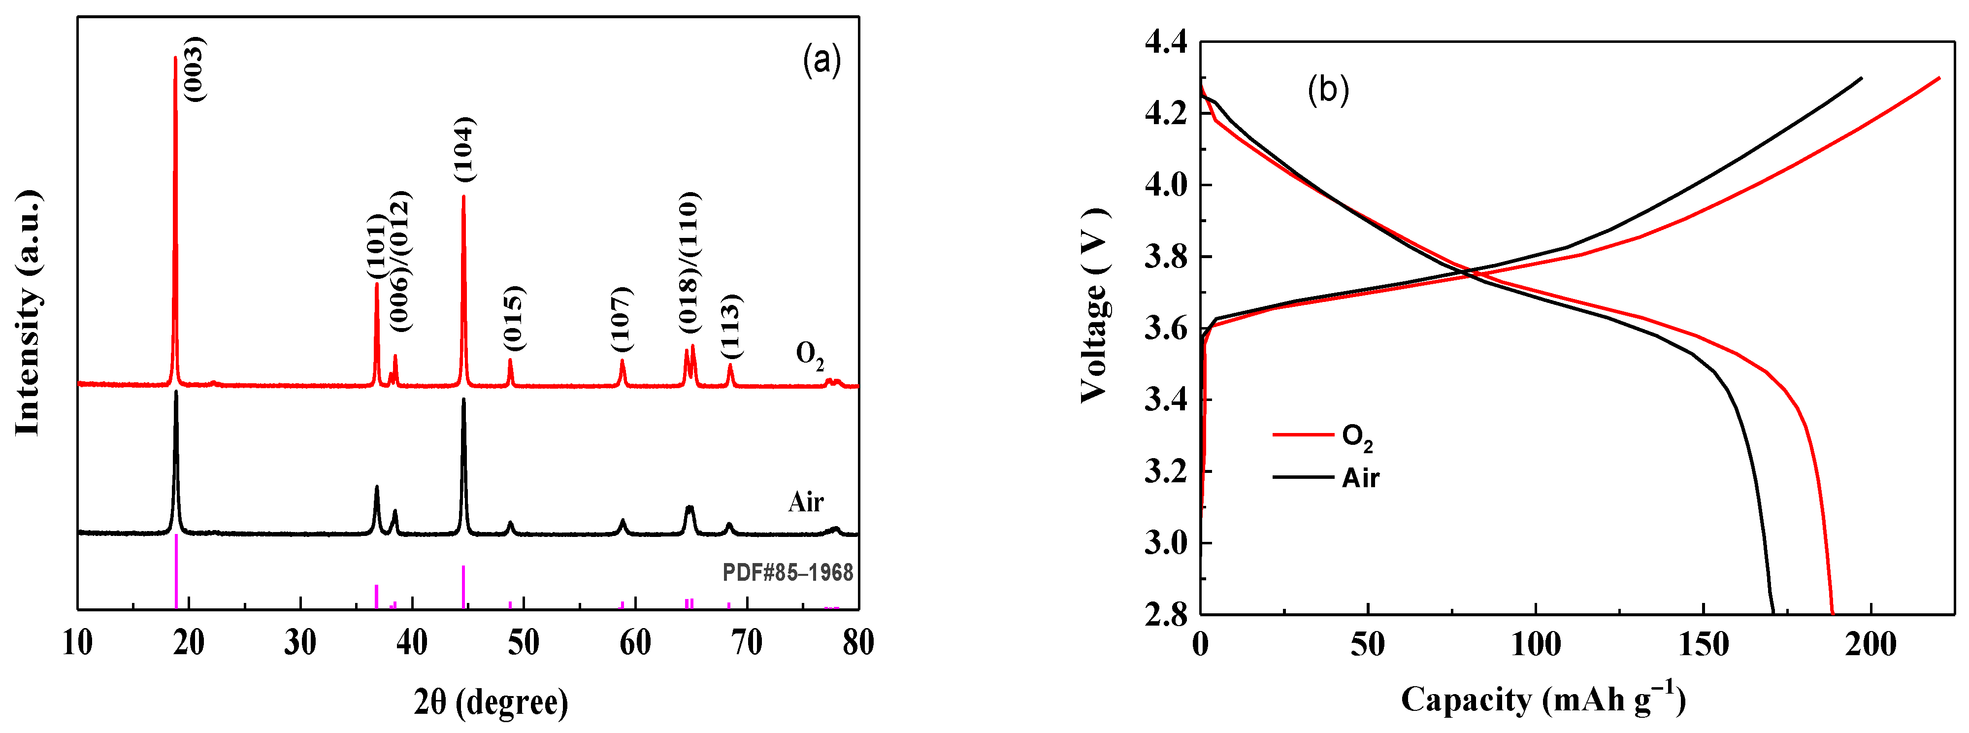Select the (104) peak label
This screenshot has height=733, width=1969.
point(464,149)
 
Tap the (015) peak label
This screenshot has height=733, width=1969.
point(514,318)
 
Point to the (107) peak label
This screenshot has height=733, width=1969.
point(622,320)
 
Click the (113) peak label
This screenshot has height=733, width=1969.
point(731,327)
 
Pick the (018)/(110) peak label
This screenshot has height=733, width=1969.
point(689,262)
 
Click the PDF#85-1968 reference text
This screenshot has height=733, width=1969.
point(788,572)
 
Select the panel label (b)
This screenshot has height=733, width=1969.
point(1328,90)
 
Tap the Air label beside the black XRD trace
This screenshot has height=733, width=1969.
point(806,502)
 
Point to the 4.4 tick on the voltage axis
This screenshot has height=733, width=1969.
point(1166,41)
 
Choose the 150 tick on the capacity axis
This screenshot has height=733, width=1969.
point(1704,644)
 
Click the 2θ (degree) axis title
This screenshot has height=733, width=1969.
point(491,701)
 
